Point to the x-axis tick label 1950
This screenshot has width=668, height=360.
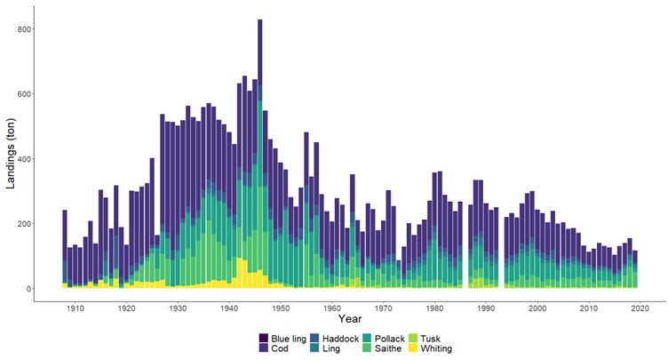point(281,308)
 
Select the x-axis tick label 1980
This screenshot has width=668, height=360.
point(435,308)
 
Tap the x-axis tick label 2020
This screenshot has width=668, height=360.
point(640,308)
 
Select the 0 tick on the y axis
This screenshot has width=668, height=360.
point(29,289)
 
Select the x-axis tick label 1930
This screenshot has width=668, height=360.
point(178,308)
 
